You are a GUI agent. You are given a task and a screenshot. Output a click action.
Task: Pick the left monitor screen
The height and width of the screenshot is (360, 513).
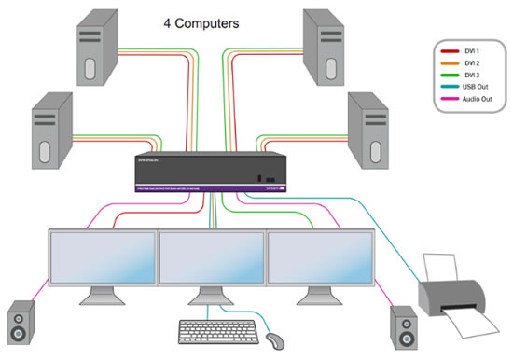click(103, 260)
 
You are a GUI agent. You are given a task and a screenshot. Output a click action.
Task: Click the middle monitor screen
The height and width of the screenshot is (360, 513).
click(212, 260)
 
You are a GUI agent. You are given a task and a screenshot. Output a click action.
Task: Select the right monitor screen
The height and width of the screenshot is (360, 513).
click(321, 260)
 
